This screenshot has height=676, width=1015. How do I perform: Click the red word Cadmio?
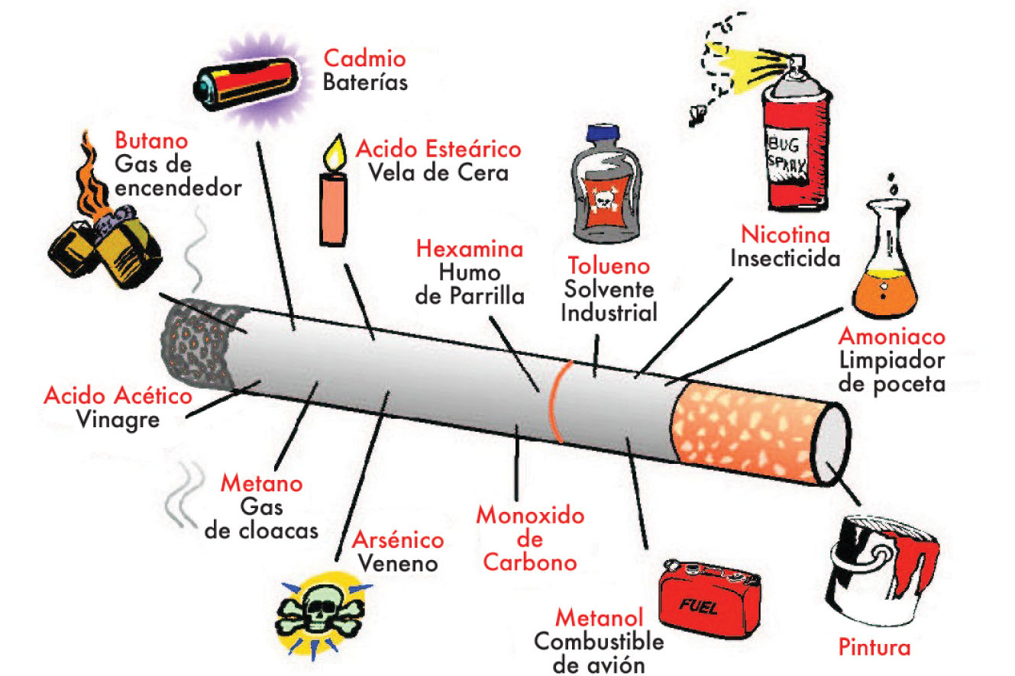(364, 59)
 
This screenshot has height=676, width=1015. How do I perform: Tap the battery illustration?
(246, 84)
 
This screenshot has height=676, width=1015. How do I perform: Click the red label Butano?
(151, 140)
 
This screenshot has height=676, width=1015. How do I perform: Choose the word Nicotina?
(785, 234)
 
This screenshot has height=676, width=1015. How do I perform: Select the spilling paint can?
(881, 571)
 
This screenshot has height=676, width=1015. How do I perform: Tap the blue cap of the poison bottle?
(603, 132)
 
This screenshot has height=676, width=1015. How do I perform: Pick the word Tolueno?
(609, 266)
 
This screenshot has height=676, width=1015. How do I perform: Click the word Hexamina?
(470, 249)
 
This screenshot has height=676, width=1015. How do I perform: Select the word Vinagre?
(118, 420)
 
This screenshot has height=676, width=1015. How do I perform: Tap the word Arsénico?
(398, 539)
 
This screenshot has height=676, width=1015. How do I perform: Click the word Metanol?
(599, 617)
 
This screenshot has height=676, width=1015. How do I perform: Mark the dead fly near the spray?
(697, 114)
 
